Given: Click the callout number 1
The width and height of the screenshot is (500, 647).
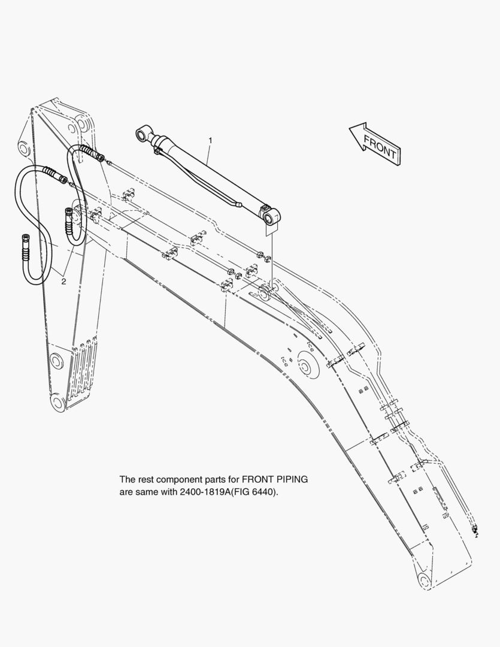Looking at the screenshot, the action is pos(210,140).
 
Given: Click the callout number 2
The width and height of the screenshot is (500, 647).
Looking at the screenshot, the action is pos(63,282).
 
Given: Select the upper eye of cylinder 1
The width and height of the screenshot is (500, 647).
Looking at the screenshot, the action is pos(143,134).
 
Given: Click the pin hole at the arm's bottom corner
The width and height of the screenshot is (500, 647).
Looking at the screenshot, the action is pos(57,402).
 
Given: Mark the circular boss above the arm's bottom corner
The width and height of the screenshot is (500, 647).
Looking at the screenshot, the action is pos(56,361).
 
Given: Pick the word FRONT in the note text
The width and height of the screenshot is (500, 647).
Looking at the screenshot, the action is pos(256,479).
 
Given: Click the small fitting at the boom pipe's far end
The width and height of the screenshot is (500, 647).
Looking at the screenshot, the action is pos(475,530).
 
